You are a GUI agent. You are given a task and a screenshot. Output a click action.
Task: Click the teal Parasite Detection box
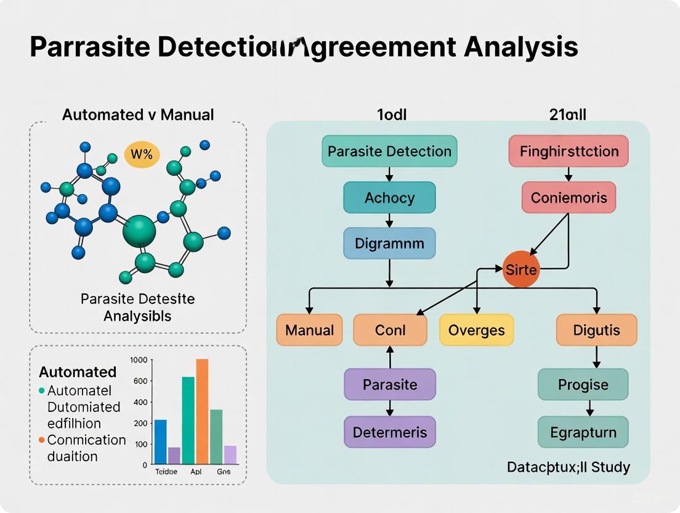(x=389, y=151)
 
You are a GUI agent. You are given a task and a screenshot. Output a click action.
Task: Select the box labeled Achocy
(x=389, y=198)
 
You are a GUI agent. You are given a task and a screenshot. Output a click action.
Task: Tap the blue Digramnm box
(x=389, y=243)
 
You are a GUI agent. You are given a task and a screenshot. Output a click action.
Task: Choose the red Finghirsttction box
(x=568, y=151)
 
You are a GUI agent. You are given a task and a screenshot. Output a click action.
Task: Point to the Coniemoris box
(x=569, y=198)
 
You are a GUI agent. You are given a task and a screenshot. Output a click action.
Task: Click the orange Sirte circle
(x=520, y=269)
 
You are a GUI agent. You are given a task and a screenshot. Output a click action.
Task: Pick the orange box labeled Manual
(x=309, y=329)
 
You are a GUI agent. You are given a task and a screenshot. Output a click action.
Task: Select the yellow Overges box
(x=476, y=329)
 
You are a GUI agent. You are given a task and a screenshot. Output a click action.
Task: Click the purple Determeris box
(x=389, y=432)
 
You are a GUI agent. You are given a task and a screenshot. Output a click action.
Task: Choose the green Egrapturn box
(x=583, y=432)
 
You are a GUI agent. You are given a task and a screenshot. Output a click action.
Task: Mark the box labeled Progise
(x=583, y=385)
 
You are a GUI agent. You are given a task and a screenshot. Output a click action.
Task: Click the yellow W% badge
(x=142, y=154)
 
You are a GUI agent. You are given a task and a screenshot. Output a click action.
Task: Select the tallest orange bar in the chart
(x=202, y=411)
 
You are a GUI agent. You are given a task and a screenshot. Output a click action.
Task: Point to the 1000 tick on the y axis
(x=139, y=360)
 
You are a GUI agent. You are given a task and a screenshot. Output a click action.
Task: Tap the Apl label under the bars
(x=196, y=471)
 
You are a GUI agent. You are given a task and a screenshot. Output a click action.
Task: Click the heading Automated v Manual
(x=138, y=114)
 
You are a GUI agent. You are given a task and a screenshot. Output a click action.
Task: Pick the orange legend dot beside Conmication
(x=42, y=440)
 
